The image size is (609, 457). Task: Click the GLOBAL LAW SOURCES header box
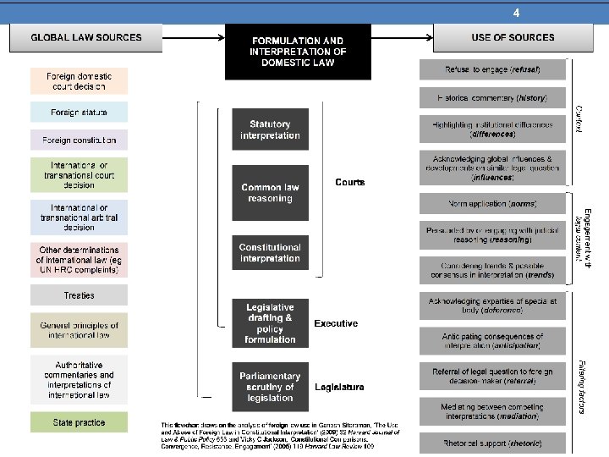coord(85,37)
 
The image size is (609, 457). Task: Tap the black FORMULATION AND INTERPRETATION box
coord(297,52)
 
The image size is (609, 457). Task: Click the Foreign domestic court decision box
coord(79,81)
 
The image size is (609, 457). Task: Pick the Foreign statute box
coord(79,112)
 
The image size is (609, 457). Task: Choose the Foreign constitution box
coord(79,140)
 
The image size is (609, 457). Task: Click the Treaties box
coord(79,295)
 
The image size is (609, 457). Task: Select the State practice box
coord(79,421)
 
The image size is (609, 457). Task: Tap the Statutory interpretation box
coord(270,130)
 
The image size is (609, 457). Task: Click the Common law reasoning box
coord(270,193)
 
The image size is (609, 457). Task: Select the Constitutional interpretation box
coord(270,253)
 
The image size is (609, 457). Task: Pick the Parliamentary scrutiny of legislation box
coord(270,387)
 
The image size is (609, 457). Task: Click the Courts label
coord(349,182)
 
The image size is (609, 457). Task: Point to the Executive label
coord(336,323)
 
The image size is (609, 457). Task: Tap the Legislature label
coord(339,387)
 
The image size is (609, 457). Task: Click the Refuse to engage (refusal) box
coord(491,69)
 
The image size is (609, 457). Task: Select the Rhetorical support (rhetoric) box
coord(491,443)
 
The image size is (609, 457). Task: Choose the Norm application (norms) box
coord(491,204)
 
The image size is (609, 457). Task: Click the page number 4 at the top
coord(516,14)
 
